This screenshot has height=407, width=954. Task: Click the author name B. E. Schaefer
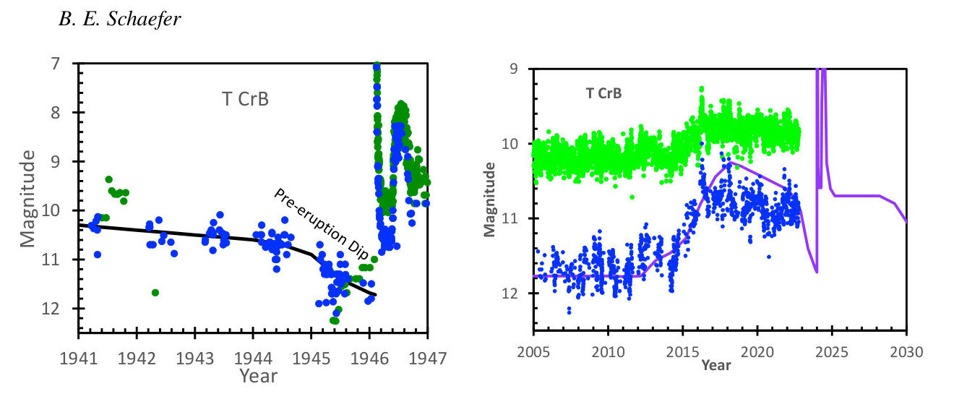pos(119,20)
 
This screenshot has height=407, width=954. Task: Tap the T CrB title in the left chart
pos(245,99)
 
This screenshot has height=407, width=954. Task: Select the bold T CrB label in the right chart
pos(603,93)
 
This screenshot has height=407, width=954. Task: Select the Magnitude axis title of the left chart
pos(28,197)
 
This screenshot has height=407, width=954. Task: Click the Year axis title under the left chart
pos(258,375)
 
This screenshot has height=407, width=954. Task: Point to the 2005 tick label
pos(533,352)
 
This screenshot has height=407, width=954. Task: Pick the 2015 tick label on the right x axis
pos(682,352)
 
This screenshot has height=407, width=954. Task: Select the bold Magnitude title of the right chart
pos(490,199)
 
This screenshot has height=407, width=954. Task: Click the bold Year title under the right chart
pos(715,365)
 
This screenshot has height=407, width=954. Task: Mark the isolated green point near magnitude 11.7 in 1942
pos(155,292)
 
